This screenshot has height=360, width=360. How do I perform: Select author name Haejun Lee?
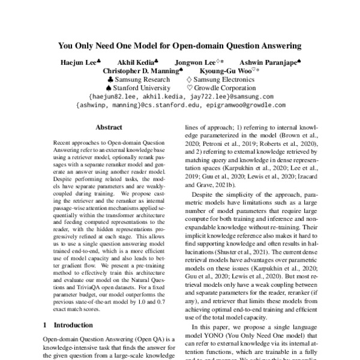pyautogui.click(x=74, y=62)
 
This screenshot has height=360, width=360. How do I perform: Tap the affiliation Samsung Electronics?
pyautogui.click(x=228, y=79)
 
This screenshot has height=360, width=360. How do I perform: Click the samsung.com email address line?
pyautogui.click(x=180, y=96)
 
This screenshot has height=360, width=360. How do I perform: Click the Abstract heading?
pyautogui.click(x=109, y=127)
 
